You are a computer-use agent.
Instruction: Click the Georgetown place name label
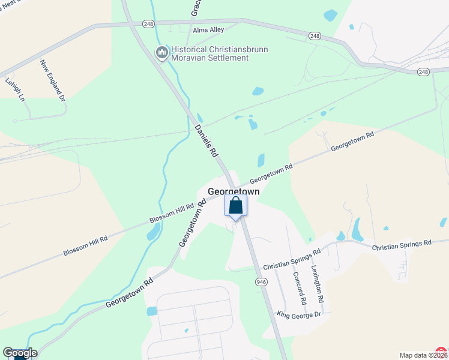pos(234,191)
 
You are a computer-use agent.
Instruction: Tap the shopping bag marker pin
pos(236,206)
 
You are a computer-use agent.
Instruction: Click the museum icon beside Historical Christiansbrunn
pos(161,53)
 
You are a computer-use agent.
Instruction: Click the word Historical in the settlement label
pos(191,49)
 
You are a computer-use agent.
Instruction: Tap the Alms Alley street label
pos(208,30)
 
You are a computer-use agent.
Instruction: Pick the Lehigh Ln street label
pos(16,89)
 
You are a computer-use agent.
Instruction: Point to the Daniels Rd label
pos(205,141)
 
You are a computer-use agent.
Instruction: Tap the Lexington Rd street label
pos(318,282)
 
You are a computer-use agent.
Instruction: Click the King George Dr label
pos(300,314)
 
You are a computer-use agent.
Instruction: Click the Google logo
pos(20,353)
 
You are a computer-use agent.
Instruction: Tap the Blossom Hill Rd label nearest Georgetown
pos(173,214)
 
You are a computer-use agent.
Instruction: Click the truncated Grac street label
pos(196,8)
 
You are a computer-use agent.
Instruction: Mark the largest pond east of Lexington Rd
pos(358,229)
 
